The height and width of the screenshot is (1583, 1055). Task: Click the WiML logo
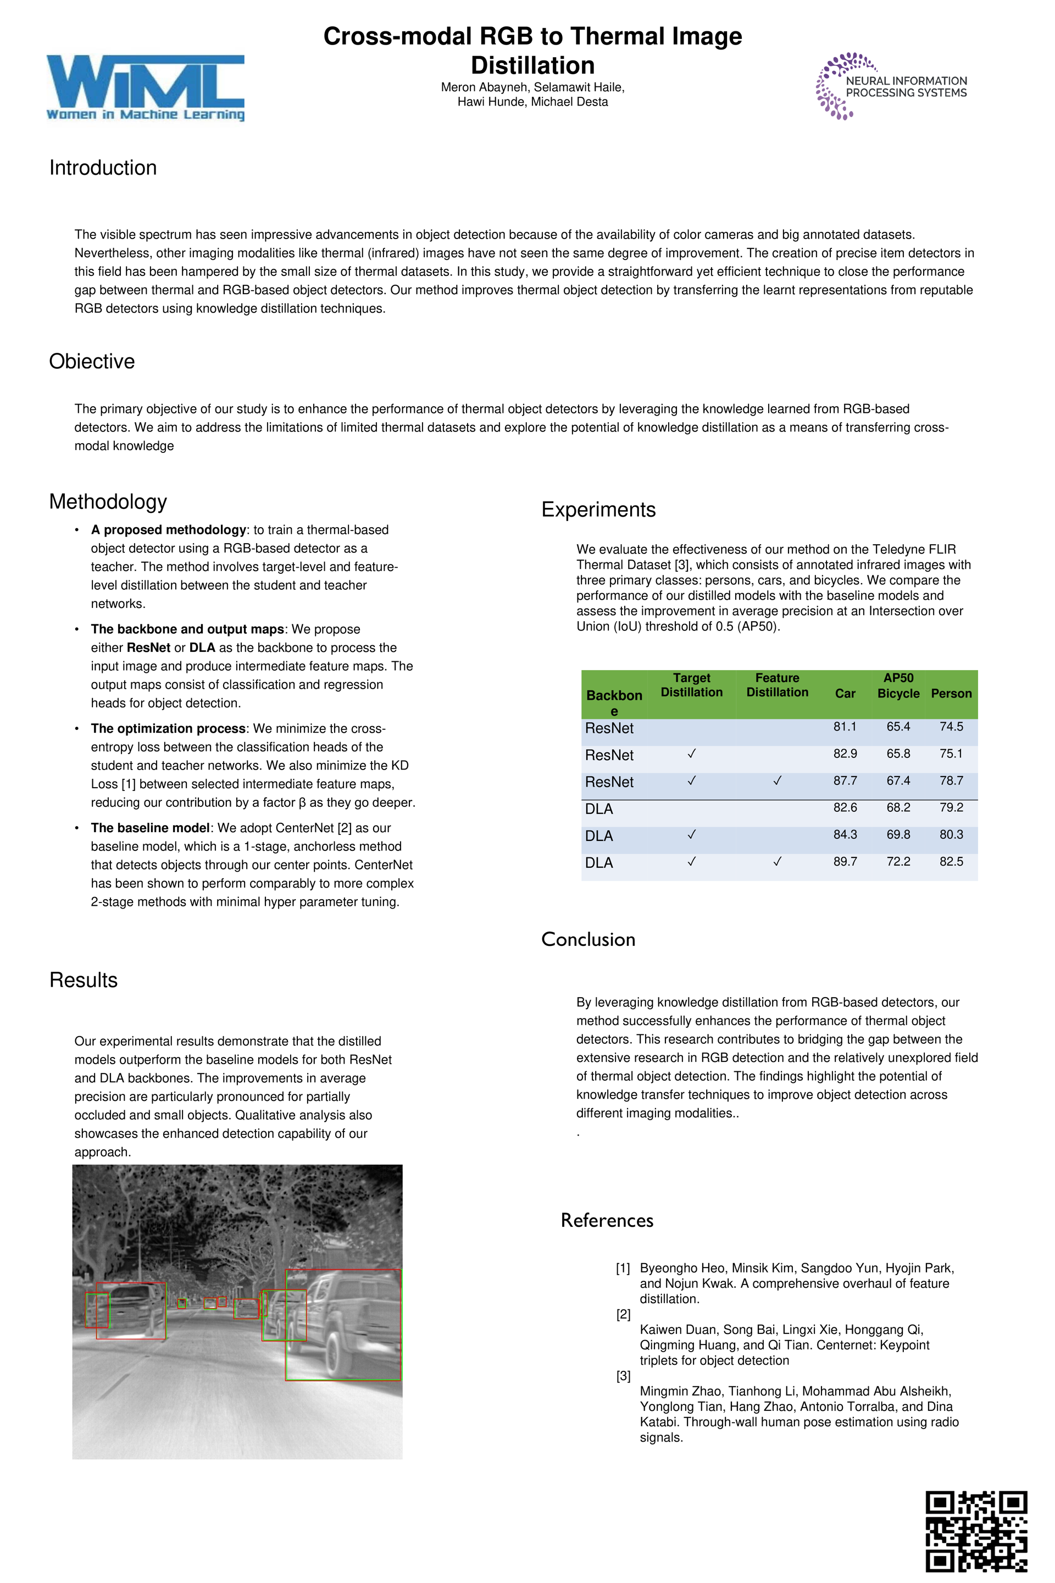(x=145, y=87)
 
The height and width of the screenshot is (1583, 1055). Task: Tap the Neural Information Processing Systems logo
(x=891, y=86)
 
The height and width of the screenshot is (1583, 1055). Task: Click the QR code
(x=976, y=1531)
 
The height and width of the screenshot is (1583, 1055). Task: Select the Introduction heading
(x=103, y=168)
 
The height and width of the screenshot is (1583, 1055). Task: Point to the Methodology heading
(x=108, y=501)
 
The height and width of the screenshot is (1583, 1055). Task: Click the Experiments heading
(x=598, y=510)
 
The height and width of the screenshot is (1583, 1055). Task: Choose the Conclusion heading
(x=588, y=939)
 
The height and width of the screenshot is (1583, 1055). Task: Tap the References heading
(x=607, y=1220)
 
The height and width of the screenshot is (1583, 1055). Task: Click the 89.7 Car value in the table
(x=845, y=861)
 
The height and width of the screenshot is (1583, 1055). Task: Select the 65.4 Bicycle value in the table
(x=898, y=727)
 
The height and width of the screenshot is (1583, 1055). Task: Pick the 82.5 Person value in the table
(x=951, y=861)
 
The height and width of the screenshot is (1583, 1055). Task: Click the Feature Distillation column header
(x=777, y=685)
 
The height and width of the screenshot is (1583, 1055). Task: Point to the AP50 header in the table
(x=898, y=678)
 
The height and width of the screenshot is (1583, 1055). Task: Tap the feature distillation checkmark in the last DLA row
(x=777, y=861)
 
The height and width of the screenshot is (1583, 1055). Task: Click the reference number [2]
(x=623, y=1314)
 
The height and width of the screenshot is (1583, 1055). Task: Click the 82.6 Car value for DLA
(x=845, y=807)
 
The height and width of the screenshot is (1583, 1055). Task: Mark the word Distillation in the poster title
(x=532, y=65)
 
